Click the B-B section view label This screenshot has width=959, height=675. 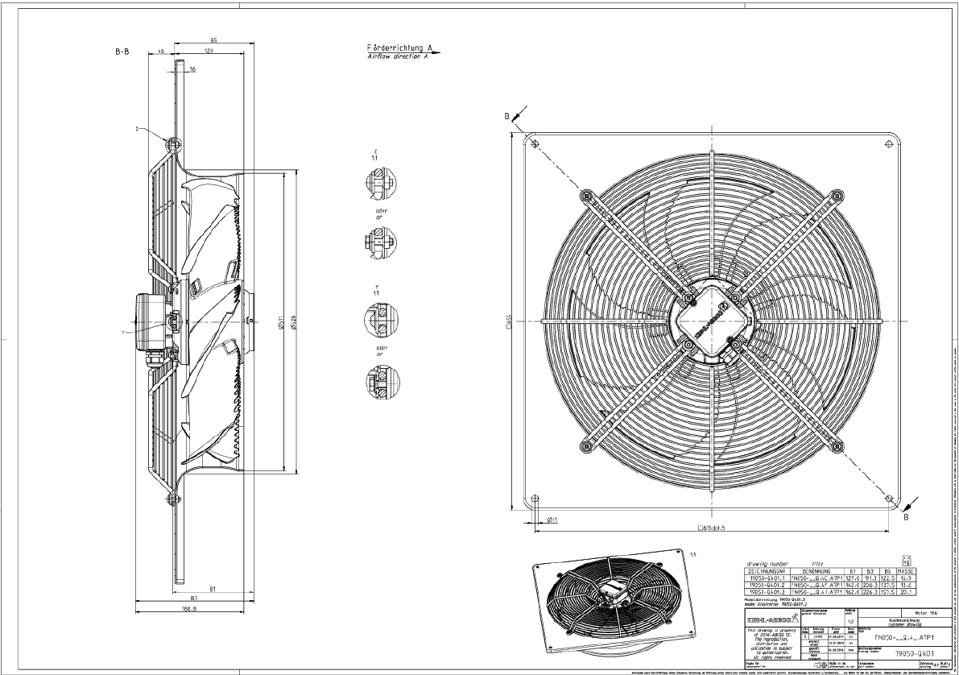click(122, 51)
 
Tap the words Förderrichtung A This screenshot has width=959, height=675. click(395, 48)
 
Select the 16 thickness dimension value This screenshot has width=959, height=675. click(192, 70)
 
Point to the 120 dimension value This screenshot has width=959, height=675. click(208, 51)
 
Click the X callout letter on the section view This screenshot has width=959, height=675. click(139, 127)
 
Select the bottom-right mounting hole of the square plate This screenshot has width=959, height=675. click(890, 499)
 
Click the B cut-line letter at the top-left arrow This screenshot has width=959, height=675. click(507, 116)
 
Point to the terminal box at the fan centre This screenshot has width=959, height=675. click(709, 320)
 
